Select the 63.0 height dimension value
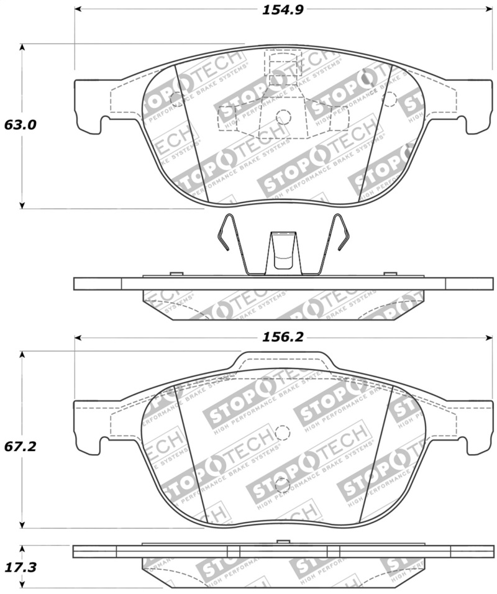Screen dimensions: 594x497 pyautogui.click(x=21, y=125)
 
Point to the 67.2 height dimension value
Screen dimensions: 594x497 pyautogui.click(x=21, y=447)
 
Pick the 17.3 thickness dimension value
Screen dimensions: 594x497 pyautogui.click(x=21, y=567)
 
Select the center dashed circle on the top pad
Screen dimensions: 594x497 pyautogui.click(x=283, y=116)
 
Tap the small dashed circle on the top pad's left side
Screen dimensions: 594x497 pyautogui.click(x=176, y=97)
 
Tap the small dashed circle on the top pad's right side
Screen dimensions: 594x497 pyautogui.click(x=390, y=97)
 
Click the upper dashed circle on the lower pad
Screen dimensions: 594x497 pyautogui.click(x=283, y=432)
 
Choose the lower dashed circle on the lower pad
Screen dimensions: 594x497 pyautogui.click(x=283, y=485)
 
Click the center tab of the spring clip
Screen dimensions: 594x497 pyautogui.click(x=283, y=252)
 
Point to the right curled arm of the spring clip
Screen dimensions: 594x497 pyautogui.click(x=340, y=233)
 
